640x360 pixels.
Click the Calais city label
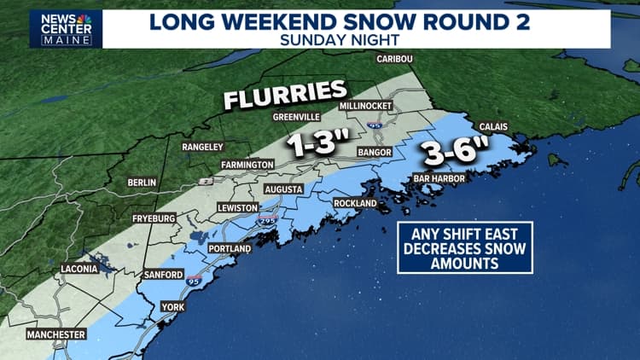[x=493, y=126]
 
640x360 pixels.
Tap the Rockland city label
[x=356, y=204]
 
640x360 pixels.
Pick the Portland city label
[x=230, y=248]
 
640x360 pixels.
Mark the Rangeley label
[x=202, y=148]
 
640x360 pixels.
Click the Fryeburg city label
[x=153, y=219]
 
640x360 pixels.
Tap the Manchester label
[x=56, y=334]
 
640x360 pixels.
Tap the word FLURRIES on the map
[x=284, y=95]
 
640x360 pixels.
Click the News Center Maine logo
[x=66, y=28]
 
